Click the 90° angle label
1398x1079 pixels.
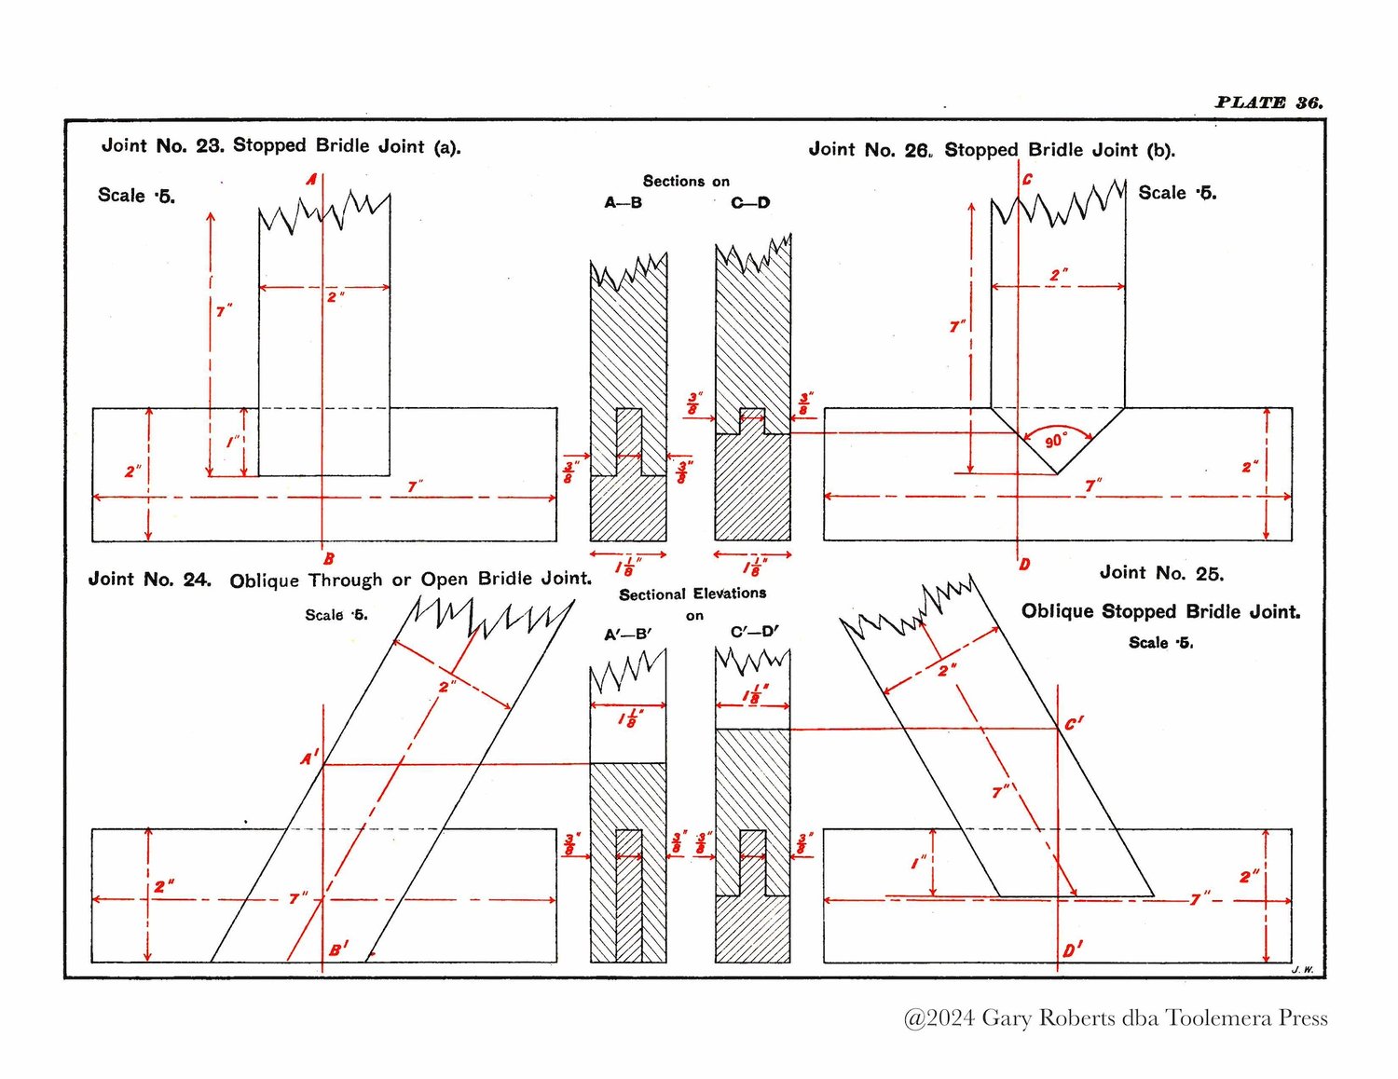coord(1055,441)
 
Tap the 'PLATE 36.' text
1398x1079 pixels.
coord(1268,102)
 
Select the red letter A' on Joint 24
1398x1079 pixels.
coord(309,758)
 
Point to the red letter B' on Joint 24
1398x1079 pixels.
coord(339,949)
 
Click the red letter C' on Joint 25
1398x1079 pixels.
coord(1074,724)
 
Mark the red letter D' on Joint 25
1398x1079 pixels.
coord(1073,949)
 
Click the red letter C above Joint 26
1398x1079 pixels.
coord(1027,180)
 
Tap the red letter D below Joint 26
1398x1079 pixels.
coord(1024,565)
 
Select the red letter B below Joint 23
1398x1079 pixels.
coord(329,559)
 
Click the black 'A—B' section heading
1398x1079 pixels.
coord(623,203)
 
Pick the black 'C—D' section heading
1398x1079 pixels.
coord(750,203)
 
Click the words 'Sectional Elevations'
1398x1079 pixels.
coord(692,594)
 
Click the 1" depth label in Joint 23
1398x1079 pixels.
coord(233,442)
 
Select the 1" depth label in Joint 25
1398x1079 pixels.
coord(919,862)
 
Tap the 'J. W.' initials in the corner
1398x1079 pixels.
coord(1302,970)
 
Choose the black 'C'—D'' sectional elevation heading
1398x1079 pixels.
coord(754,632)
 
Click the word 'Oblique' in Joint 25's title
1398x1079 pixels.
coord(1057,610)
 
